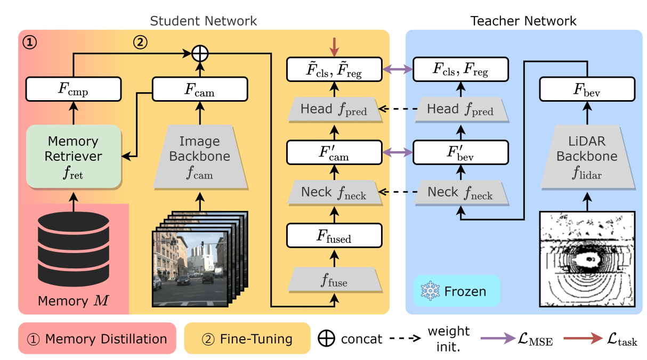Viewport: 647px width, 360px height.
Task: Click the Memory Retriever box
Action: (x=73, y=156)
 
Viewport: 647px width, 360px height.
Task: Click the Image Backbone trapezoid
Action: (x=200, y=156)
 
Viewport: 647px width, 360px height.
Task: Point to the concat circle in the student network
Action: (x=200, y=53)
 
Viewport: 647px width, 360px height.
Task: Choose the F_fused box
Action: (x=335, y=235)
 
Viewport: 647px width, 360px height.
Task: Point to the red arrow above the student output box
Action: (x=335, y=47)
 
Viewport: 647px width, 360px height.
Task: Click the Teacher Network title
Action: (x=523, y=21)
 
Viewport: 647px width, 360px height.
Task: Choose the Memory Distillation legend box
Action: (x=97, y=338)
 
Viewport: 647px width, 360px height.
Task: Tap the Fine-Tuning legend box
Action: (x=247, y=338)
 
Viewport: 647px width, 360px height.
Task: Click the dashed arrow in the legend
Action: (x=408, y=339)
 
